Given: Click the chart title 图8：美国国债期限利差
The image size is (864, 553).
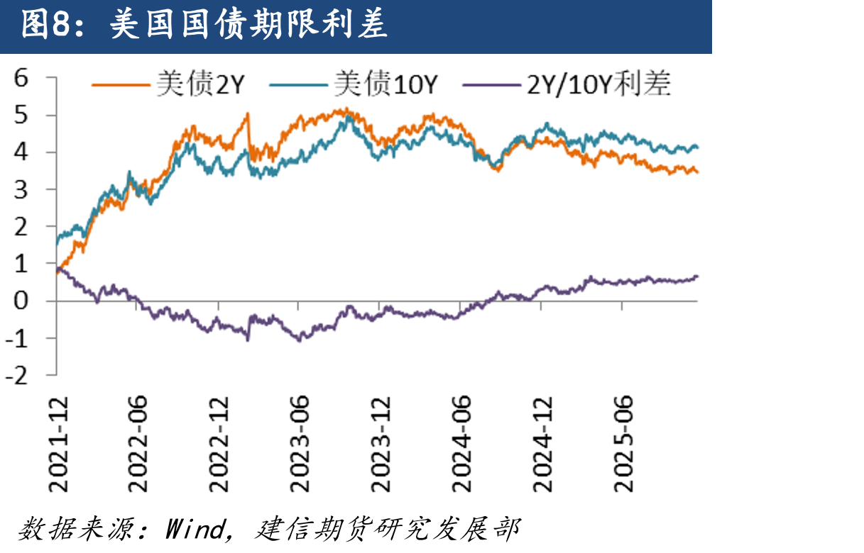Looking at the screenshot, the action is coord(204,25).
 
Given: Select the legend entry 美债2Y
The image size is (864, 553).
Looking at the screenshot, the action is coord(168,84).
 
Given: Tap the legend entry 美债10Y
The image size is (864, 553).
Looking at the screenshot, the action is coord(354,84).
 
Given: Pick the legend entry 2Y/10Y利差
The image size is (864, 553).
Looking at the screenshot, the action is coord(567,84).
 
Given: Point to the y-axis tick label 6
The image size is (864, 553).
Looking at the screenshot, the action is coord(21,78).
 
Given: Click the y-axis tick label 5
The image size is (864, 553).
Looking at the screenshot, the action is coord(21,115).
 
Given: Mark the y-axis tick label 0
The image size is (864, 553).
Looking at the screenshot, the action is coord(21,301).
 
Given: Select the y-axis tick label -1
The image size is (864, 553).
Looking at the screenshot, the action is coord(16,338).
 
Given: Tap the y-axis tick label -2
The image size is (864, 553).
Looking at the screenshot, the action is coord(16,376).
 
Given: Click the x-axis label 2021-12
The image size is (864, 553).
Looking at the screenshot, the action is coord(58,445).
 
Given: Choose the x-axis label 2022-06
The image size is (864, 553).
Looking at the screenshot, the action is coord(137,445).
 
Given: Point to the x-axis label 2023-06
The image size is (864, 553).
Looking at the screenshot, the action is coord(300,445).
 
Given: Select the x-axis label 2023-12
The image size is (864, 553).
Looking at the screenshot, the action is coord(381,445).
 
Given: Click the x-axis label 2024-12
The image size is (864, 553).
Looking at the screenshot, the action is coord(542,445).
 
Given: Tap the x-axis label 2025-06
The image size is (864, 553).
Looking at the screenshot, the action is coord(623,445).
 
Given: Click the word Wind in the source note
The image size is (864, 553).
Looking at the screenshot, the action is coord(195,528).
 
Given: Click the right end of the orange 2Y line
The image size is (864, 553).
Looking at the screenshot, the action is coord(698,172).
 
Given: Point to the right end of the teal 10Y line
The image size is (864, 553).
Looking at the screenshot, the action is coord(698,147).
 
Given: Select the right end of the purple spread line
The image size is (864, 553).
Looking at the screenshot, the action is coord(697,276).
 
